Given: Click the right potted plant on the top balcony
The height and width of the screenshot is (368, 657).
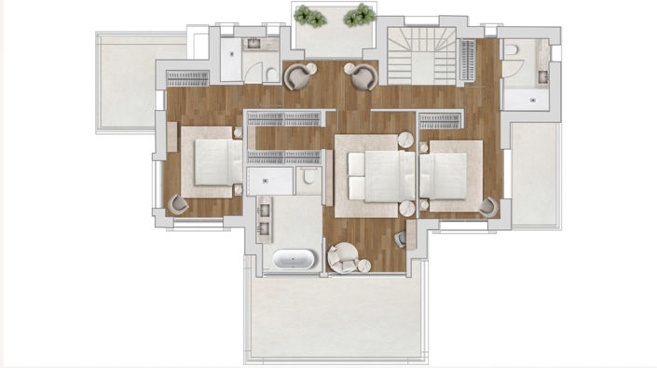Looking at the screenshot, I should pyautogui.click(x=358, y=16).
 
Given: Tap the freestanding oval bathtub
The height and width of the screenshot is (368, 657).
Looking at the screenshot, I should pyautogui.click(x=291, y=259).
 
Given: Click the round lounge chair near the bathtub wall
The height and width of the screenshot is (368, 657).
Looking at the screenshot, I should pyautogui.click(x=343, y=257).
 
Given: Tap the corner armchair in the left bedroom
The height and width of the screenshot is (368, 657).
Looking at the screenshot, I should pyautogui.click(x=177, y=203).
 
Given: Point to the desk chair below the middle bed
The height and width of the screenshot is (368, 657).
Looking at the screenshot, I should pyautogui.click(x=401, y=239).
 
